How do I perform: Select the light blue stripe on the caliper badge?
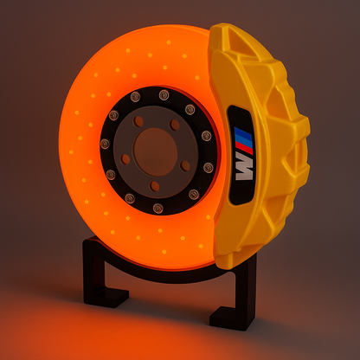point(246,139)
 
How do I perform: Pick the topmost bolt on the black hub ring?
point(164,95)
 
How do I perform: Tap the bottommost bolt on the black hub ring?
point(157,208)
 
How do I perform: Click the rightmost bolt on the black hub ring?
point(208,167)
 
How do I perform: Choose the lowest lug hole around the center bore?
point(155,185)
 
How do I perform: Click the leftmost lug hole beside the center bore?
point(126,159)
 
